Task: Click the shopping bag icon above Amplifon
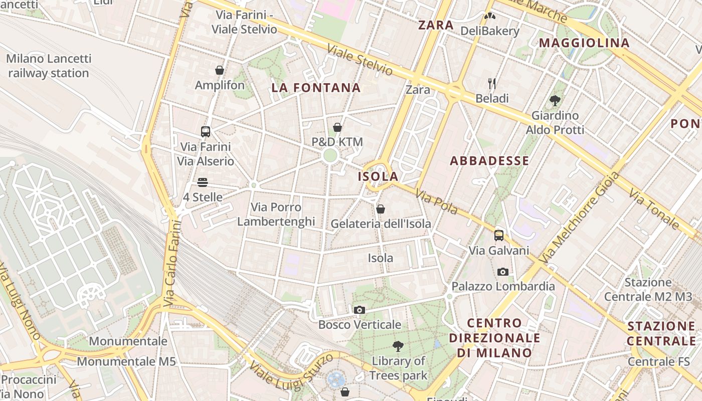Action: pos(220,70)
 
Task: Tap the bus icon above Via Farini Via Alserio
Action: pos(206,132)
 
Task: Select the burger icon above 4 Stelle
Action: pos(203,182)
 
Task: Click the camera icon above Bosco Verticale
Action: pos(360,310)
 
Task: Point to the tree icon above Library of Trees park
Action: pos(398,346)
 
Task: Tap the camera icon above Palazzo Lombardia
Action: pos(503,272)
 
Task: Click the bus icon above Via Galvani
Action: pos(499,235)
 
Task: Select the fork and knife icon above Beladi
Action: pos(492,83)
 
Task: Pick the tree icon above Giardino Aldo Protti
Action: pos(555,100)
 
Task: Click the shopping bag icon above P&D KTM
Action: pos(337,127)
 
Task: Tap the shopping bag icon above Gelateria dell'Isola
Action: pos(381,209)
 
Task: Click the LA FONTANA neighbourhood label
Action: pos(316,88)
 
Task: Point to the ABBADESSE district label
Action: pos(489,161)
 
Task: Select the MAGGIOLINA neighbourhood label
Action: pos(584,43)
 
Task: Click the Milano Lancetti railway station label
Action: pos(49,66)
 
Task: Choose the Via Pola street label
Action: pos(436,202)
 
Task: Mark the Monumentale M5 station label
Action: pos(126,361)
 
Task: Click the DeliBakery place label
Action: pos(490,31)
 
